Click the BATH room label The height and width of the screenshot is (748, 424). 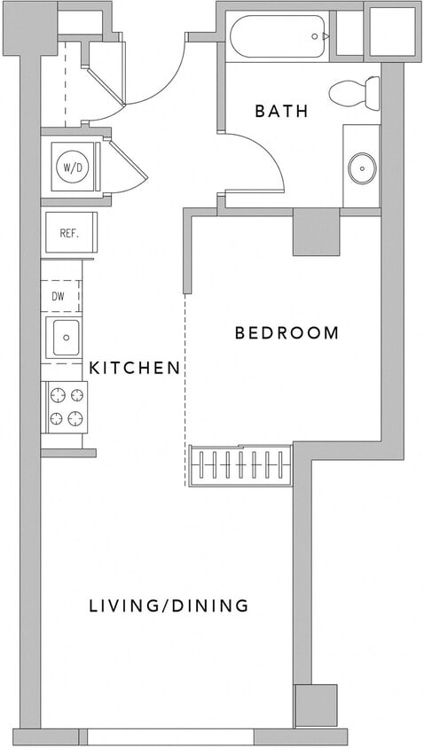tap(281, 111)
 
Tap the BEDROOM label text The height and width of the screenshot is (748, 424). tap(287, 333)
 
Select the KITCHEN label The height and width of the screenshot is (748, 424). tap(135, 367)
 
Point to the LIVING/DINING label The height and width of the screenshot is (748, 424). tap(169, 606)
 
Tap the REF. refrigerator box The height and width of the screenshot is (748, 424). tap(69, 234)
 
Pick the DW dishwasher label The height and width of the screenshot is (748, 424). tap(59, 297)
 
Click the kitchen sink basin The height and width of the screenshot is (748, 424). tap(65, 337)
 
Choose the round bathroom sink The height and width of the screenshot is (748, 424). tap(361, 167)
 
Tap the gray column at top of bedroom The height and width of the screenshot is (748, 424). tap(316, 232)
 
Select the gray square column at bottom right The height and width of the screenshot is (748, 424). tap(316, 705)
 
